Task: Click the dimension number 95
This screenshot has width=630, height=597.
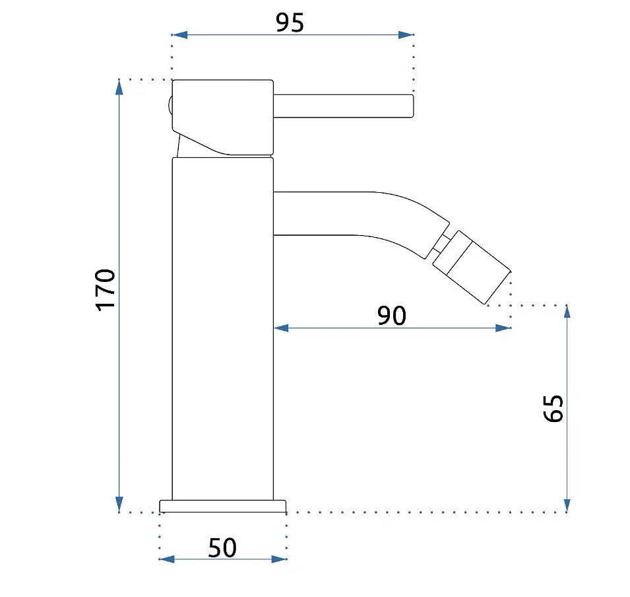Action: pos(290,22)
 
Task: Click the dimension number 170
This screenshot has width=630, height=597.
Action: pos(106,289)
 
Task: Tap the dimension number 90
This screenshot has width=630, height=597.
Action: pos(392,316)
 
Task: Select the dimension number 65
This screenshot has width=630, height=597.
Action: pos(553,408)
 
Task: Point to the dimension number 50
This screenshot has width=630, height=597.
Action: pos(222,547)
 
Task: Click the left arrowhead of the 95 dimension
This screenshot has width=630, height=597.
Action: pos(179,35)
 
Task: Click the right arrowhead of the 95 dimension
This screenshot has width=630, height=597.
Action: pos(406,35)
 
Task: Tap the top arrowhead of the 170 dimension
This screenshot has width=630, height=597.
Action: pos(119,87)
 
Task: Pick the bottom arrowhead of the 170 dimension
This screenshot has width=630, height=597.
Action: pos(119,504)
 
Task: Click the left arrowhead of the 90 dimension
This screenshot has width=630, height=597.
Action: pos(281,328)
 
